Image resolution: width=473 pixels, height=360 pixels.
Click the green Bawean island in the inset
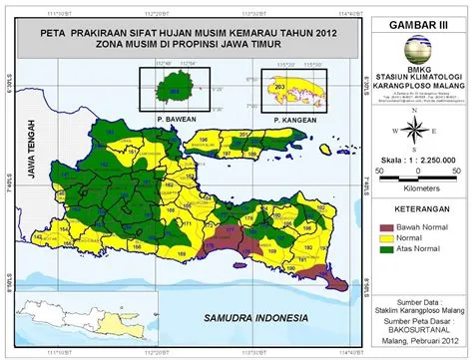(x=176, y=90)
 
